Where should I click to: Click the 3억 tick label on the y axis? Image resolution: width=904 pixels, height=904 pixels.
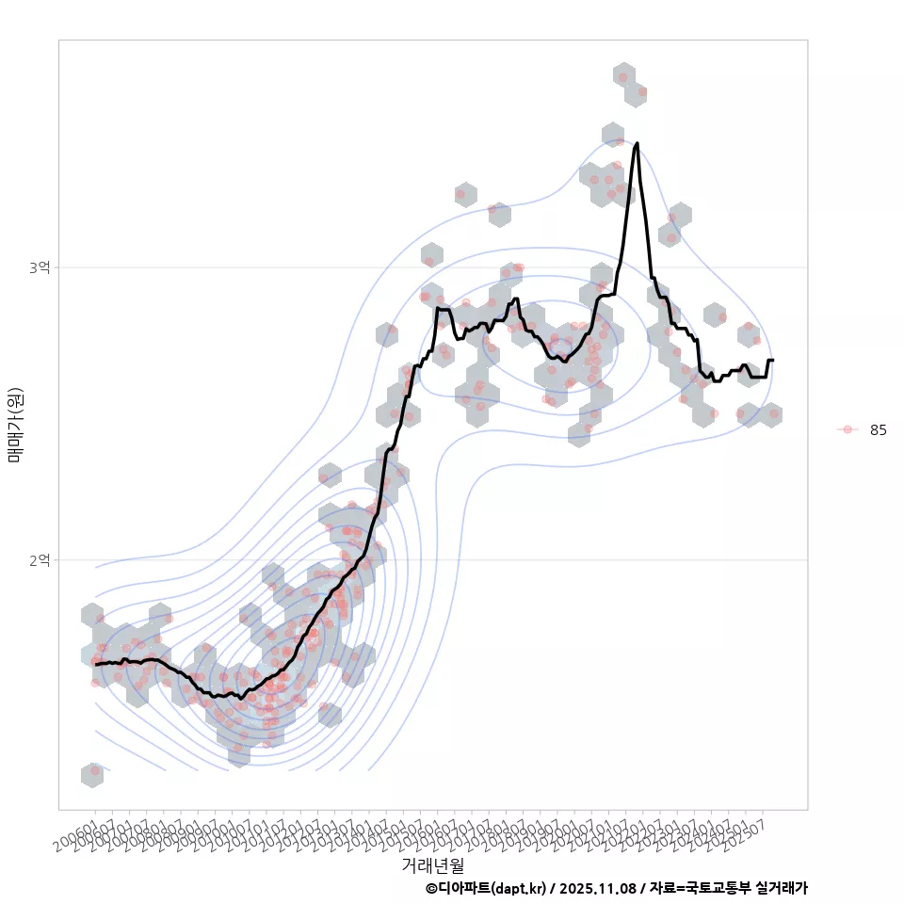pos(40,267)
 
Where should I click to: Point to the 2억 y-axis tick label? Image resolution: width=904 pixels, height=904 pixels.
pos(40,560)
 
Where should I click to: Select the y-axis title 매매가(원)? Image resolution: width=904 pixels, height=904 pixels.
pos(15,424)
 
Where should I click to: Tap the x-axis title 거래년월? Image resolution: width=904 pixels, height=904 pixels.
pos(432,864)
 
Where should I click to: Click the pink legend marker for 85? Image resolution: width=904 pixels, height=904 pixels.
pos(847,429)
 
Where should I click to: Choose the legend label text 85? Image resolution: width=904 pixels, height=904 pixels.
pos(879,430)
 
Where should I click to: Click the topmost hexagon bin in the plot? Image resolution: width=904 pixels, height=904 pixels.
pos(623,74)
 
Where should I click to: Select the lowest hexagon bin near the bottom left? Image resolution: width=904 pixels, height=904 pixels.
pos(92,775)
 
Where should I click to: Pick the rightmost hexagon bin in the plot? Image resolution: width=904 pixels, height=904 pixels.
pos(771,414)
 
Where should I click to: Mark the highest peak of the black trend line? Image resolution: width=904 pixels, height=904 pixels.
pos(638,143)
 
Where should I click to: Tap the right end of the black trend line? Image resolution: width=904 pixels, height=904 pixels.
pos(773,361)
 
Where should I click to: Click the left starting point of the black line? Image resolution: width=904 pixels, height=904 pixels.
pos(96,665)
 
